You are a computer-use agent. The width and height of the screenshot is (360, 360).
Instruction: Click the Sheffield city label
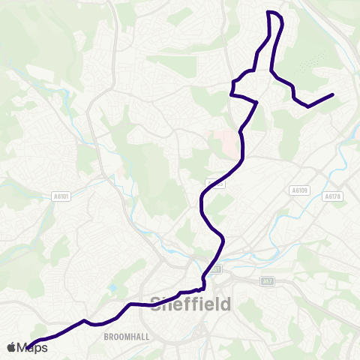click(191, 304)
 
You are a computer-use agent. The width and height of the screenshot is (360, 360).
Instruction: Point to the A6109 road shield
click(299, 190)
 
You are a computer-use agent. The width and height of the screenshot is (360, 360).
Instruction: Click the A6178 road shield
click(333, 196)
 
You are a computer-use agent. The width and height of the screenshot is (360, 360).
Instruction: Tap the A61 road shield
click(216, 268)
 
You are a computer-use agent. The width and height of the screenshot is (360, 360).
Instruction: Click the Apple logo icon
click(13, 347)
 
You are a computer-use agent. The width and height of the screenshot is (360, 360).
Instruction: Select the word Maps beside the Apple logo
click(33, 347)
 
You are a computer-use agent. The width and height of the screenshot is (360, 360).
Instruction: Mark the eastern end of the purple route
click(332, 94)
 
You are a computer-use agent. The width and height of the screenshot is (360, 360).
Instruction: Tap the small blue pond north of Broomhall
click(112, 287)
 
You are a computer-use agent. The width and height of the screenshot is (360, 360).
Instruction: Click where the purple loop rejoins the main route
click(257, 101)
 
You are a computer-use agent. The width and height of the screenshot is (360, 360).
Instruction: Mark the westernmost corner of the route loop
click(231, 94)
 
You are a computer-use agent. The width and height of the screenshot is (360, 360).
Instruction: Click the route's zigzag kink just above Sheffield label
click(201, 288)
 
